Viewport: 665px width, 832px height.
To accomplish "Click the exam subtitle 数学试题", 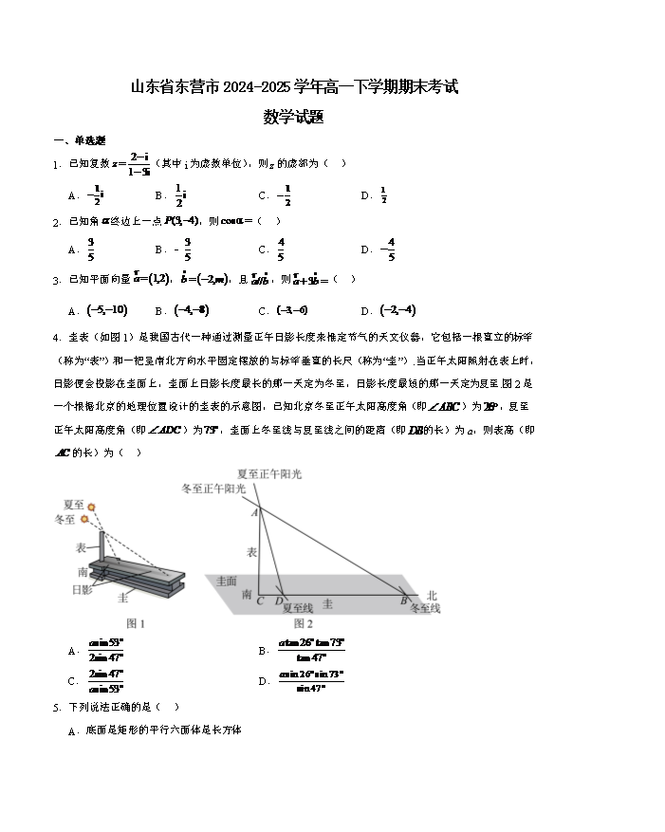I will point(294,118).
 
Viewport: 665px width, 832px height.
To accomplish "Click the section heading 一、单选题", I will point(79,141).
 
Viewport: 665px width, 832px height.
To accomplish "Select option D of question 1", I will point(377,195).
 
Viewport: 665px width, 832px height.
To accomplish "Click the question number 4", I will point(57,337).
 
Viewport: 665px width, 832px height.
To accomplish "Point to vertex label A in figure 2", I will point(253,512).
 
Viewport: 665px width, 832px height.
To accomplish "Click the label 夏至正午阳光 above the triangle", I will point(270,472).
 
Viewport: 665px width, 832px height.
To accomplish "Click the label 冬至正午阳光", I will point(214,488).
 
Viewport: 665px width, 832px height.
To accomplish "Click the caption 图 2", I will point(303,623).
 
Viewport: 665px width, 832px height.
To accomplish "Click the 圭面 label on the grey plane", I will point(226,580).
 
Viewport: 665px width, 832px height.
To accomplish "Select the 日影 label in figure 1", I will point(82,590).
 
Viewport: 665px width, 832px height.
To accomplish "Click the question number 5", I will point(57,707).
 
